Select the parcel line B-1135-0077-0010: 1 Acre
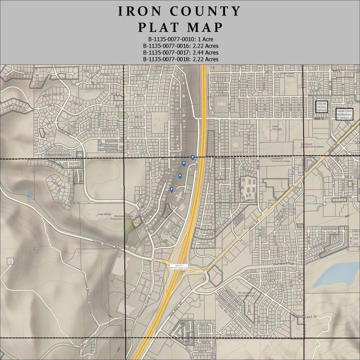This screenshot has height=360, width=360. (x=180, y=39)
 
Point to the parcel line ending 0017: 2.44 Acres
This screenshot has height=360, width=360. (x=180, y=52)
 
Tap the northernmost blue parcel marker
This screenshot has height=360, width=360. (x=193, y=157)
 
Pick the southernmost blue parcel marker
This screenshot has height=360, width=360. (x=171, y=189)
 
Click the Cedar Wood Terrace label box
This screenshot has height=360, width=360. (x=322, y=106)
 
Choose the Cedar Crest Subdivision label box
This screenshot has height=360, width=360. (x=344, y=114)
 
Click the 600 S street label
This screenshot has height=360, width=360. (x=319, y=119)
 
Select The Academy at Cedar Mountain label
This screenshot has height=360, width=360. (x=246, y=295)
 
